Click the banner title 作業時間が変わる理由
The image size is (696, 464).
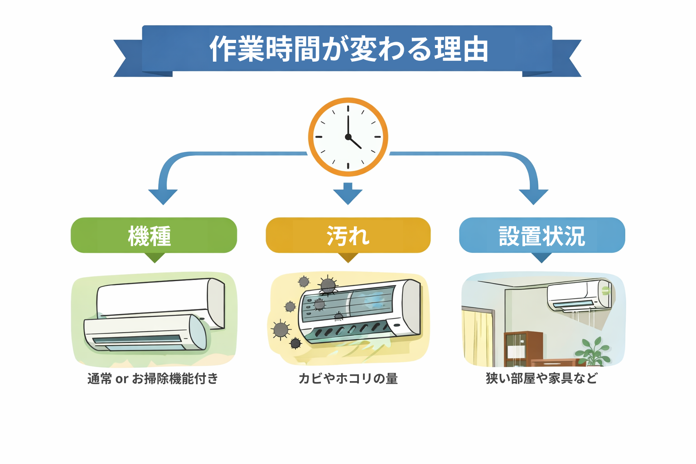tap(348, 49)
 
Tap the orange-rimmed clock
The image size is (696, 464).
tap(348, 137)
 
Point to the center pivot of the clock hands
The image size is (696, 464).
tap(348, 137)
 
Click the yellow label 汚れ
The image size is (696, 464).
tap(348, 236)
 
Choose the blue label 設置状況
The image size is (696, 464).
tap(542, 236)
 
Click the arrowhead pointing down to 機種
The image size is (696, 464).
tap(163, 196)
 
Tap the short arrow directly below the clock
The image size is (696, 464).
tap(348, 193)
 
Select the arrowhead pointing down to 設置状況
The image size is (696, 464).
tap(533, 196)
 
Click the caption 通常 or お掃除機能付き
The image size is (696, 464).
tap(153, 378)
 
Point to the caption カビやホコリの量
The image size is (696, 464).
tap(348, 378)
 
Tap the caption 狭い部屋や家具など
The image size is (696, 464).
tap(542, 378)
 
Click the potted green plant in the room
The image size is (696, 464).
tap(592, 352)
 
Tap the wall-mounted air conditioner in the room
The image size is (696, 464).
tap(579, 296)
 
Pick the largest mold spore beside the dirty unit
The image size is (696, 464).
tap(281, 329)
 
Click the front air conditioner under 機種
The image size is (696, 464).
tap(145, 333)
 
